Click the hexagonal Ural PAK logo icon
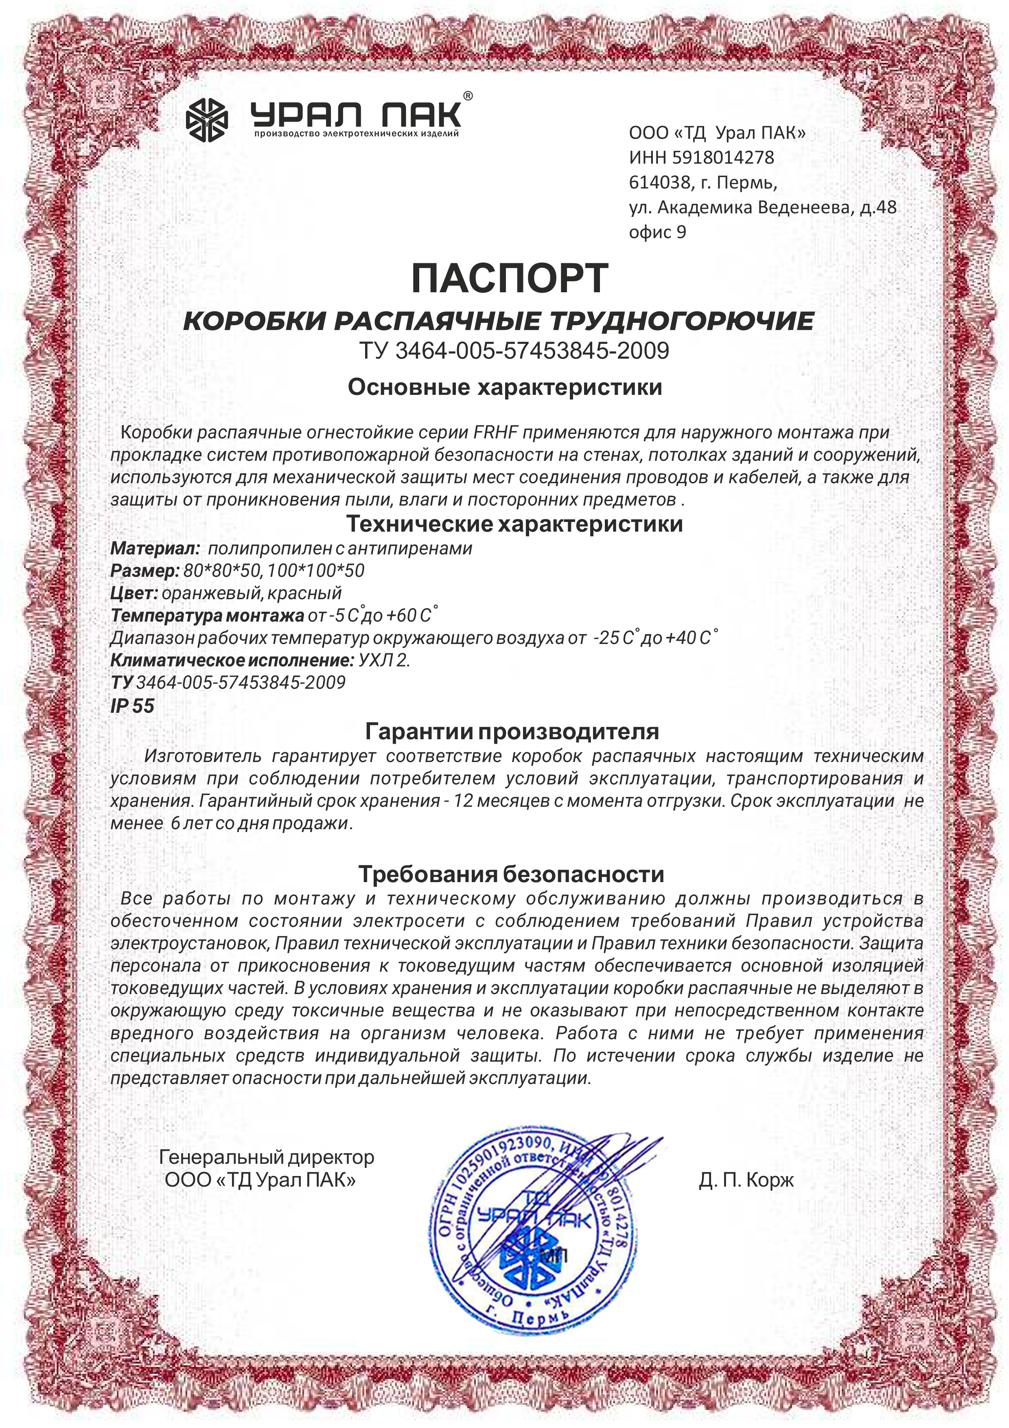coord(207,119)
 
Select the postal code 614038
coord(659,183)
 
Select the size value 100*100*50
coord(316,571)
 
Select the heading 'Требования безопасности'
coord(511,874)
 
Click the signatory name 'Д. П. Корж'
coord(746,1180)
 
